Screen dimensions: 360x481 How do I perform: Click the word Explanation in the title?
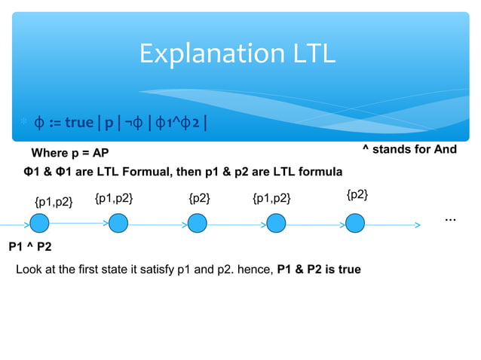204,54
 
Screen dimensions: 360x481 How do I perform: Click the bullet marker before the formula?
23,123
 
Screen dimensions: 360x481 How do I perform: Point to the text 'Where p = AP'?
70,154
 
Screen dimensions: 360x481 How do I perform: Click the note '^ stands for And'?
409,149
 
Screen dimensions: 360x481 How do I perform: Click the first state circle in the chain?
40,224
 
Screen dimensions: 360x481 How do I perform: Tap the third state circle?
197,224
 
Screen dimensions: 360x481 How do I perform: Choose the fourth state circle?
277,224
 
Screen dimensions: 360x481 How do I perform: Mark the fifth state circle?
356,224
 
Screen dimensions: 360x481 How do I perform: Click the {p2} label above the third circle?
199,198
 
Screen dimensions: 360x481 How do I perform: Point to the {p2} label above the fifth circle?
357,195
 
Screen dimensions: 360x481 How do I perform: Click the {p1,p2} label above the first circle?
54,201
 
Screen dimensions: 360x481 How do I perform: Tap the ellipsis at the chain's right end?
450,218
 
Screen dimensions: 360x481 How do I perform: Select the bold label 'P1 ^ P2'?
30,246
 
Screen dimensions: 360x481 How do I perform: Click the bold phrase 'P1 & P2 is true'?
319,269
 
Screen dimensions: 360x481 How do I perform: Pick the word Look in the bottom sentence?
29,269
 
